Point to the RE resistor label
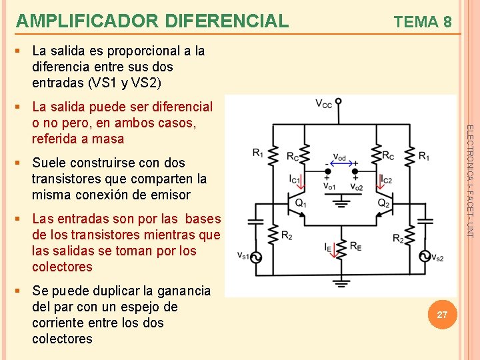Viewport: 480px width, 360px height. tap(356, 246)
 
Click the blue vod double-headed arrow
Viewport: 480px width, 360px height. tap(339, 163)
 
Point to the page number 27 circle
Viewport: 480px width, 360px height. tap(442, 314)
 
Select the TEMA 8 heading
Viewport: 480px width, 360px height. tap(423, 22)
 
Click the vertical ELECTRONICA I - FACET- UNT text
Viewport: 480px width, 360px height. tap(469, 181)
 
